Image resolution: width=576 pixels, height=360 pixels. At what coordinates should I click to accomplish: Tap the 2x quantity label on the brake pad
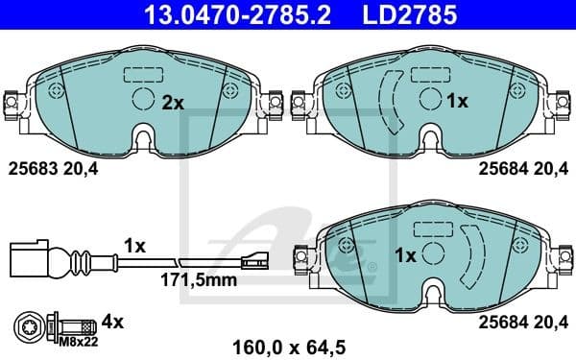[x=172, y=101]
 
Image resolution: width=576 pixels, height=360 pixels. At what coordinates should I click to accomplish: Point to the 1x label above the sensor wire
[x=133, y=247]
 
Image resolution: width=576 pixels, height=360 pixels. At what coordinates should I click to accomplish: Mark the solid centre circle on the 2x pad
[x=142, y=99]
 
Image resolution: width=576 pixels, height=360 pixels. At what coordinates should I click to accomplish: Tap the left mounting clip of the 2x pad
[x=12, y=100]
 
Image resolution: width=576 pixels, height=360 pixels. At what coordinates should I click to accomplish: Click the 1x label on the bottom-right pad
[x=405, y=256]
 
